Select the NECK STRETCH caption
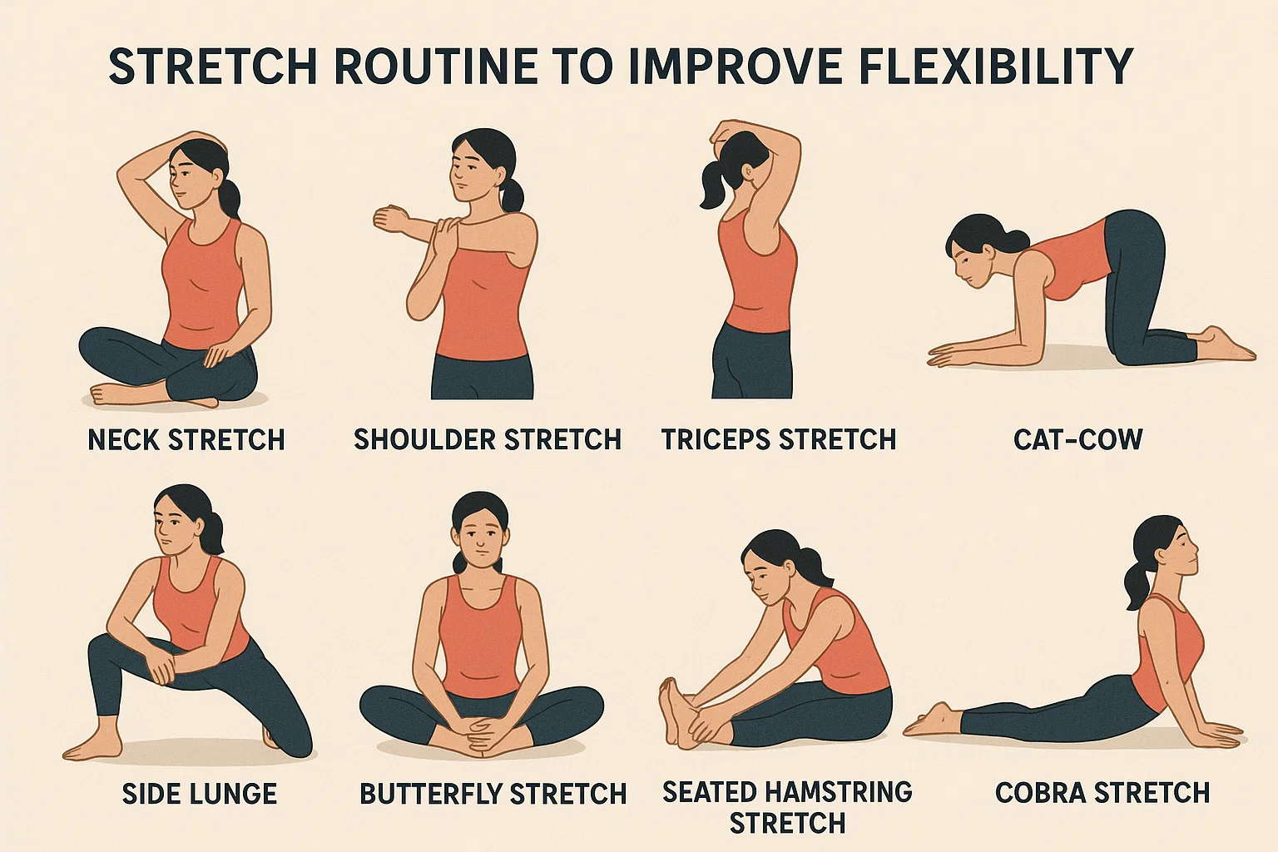pyautogui.click(x=186, y=440)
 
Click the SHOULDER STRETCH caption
pyautogui.click(x=488, y=440)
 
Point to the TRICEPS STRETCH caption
pyautogui.click(x=779, y=440)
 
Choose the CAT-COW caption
pyautogui.click(x=1077, y=440)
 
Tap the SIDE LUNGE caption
pyautogui.click(x=200, y=794)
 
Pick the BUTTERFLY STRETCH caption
pyautogui.click(x=493, y=794)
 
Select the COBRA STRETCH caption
pyautogui.click(x=1102, y=793)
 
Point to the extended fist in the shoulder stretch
pyautogui.click(x=388, y=219)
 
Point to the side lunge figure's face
pyautogui.click(x=171, y=532)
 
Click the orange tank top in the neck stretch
pyautogui.click(x=201, y=285)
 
